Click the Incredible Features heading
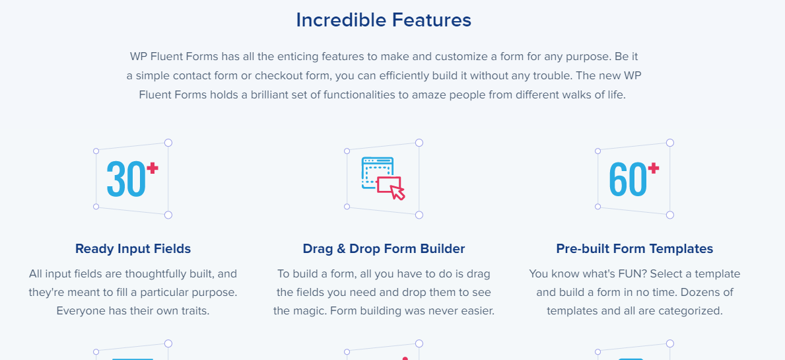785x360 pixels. click(x=384, y=20)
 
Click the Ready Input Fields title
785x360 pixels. click(x=133, y=249)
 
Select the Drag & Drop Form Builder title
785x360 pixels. click(x=384, y=249)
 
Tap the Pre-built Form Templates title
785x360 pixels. click(x=634, y=249)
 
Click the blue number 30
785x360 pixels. click(x=126, y=179)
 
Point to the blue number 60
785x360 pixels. click(x=628, y=179)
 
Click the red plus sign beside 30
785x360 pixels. click(x=153, y=168)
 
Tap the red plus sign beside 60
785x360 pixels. click(x=654, y=168)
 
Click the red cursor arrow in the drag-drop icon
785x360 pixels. click(x=397, y=192)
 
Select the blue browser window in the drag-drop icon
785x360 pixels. click(x=378, y=173)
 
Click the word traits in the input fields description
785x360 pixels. click(x=193, y=311)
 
